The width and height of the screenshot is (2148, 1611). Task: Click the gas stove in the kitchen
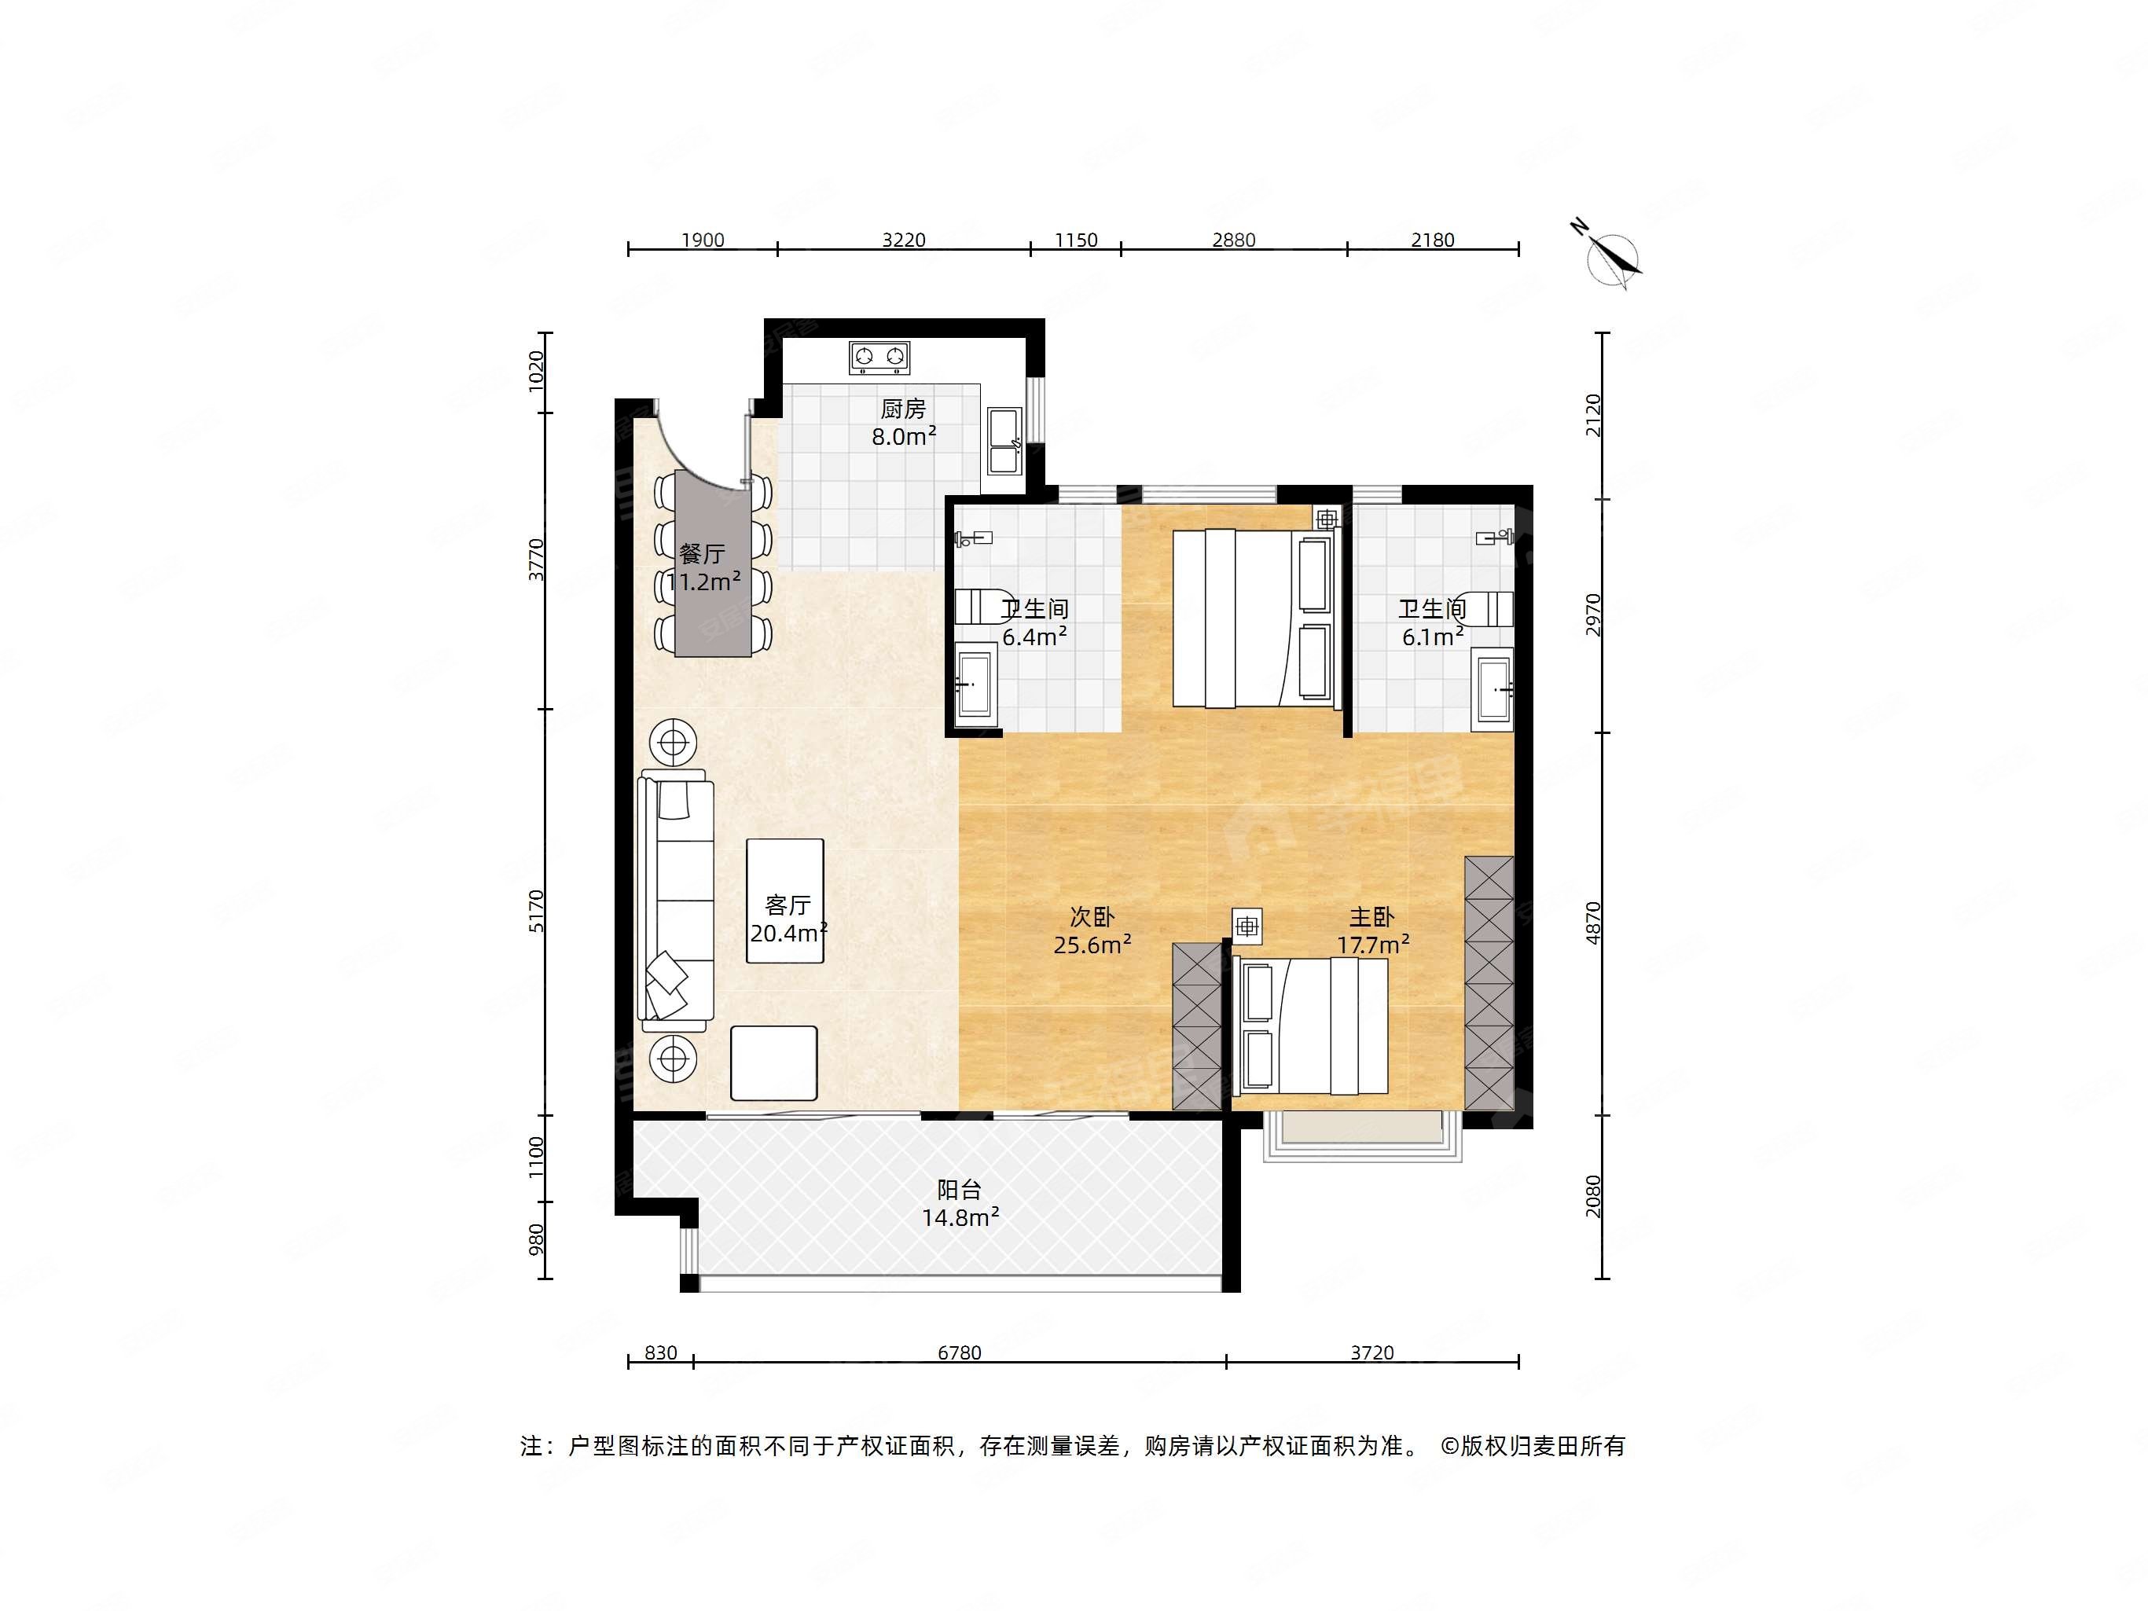pos(879,358)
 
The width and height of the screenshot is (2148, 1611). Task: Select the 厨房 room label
pos(903,409)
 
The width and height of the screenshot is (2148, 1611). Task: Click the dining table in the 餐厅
pos(714,563)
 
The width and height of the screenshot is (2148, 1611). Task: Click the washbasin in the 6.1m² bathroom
pos(1493,692)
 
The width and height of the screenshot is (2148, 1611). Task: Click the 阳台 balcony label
pos(960,1190)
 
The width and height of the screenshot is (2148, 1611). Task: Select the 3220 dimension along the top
pos(904,240)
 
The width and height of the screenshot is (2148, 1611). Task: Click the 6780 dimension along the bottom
pos(960,1352)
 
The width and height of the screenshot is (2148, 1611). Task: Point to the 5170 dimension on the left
pos(536,912)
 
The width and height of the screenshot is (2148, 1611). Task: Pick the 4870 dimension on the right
pos(1592,923)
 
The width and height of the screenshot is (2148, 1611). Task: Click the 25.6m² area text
pos(1092,944)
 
